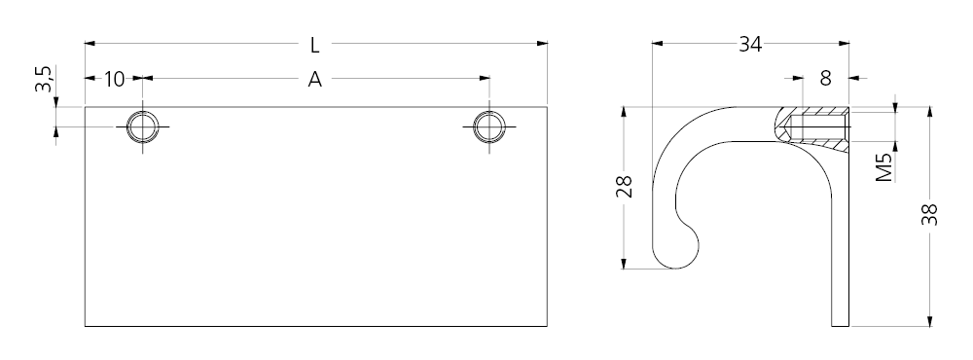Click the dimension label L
314,45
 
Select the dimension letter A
314,80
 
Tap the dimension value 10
115,79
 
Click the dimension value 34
749,44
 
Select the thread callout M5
883,167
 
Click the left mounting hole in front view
144,126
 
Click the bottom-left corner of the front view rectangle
86,325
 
